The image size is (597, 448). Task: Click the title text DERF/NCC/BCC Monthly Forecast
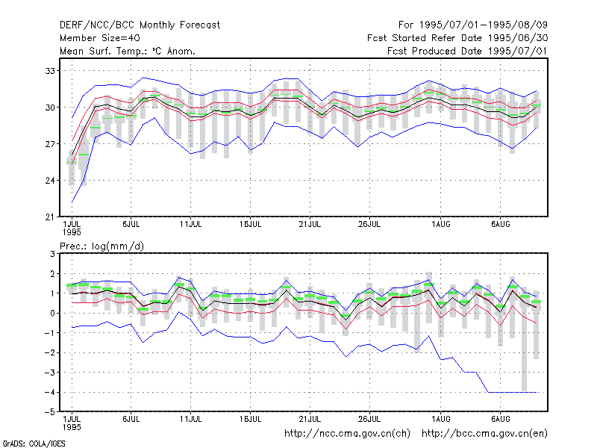(140, 25)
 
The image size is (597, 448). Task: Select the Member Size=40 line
(100, 38)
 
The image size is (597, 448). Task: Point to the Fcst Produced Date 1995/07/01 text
(467, 51)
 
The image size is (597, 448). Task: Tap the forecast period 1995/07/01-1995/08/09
(484, 25)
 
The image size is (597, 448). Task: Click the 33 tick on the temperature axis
(50, 71)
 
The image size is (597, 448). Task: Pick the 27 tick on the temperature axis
(50, 144)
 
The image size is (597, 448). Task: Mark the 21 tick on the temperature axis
(50, 217)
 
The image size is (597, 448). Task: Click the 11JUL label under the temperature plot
(190, 225)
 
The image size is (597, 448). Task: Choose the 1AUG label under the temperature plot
(441, 225)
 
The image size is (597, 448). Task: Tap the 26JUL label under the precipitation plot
(369, 419)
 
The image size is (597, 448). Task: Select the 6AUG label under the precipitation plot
(500, 419)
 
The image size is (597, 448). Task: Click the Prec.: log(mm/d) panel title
(101, 246)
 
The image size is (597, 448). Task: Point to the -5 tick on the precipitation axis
(50, 412)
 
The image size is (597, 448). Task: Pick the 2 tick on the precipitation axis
(52, 274)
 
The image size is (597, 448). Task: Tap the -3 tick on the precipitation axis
(50, 373)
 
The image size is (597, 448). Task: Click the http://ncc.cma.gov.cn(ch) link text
(347, 434)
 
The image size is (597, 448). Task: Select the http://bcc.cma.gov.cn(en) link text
(484, 434)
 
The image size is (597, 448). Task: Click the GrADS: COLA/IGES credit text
(34, 444)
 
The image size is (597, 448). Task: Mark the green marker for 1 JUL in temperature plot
(71, 163)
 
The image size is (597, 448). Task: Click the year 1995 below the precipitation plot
(72, 427)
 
